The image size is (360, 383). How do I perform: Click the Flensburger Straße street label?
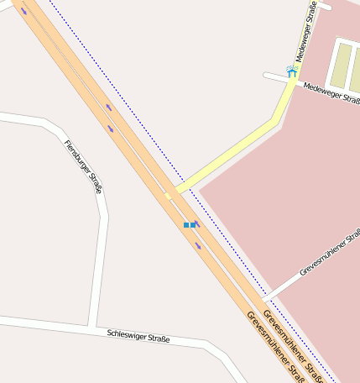coord(82,166)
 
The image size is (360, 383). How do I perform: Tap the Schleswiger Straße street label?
coord(138,337)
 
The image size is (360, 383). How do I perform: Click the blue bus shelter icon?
coord(291,71)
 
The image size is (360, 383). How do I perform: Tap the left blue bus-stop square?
coord(186,225)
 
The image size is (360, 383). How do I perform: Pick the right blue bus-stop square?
coord(193,225)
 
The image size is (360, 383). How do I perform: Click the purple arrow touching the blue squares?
coord(197,223)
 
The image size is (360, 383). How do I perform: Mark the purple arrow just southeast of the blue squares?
coord(199,245)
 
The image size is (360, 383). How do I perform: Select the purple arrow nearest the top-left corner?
coord(23,11)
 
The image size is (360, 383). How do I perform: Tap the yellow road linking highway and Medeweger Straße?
coord(235,151)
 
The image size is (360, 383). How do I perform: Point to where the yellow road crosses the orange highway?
coord(169,196)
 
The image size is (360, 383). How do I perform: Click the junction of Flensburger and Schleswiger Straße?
coord(91,326)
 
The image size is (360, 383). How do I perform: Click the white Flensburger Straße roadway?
coord(101,252)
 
